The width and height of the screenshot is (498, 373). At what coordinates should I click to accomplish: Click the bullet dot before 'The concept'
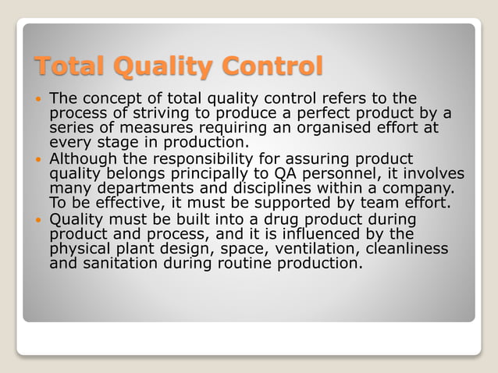(x=39, y=100)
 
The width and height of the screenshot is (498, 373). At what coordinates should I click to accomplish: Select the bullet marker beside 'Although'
(x=39, y=159)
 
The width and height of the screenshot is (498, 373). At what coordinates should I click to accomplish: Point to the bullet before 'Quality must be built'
(x=39, y=219)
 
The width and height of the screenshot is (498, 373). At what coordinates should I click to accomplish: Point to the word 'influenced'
(x=313, y=233)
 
